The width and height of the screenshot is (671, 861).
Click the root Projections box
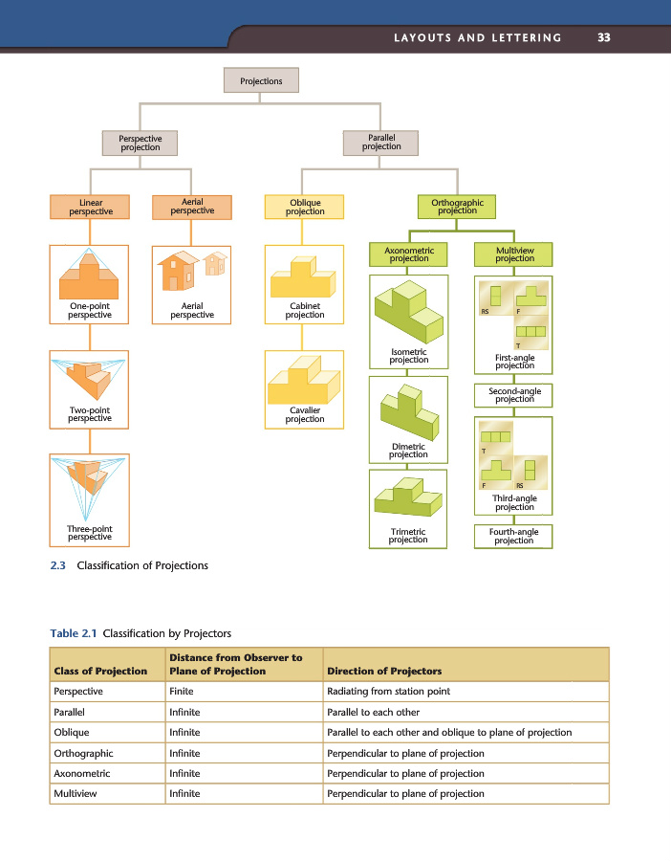pyautogui.click(x=261, y=81)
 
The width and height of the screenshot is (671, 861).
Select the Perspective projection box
pyautogui.click(x=141, y=143)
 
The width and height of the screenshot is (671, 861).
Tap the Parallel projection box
pyautogui.click(x=381, y=143)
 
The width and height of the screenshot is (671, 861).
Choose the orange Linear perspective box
pyautogui.click(x=91, y=207)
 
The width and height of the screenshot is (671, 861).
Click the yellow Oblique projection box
pyautogui.click(x=301, y=207)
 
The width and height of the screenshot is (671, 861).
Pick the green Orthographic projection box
pyautogui.click(x=457, y=207)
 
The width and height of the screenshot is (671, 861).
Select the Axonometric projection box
pyautogui.click(x=408, y=254)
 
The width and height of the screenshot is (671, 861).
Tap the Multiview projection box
pyautogui.click(x=514, y=254)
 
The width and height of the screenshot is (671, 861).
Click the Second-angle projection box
pyautogui.click(x=514, y=395)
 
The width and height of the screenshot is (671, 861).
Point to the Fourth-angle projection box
pyautogui.click(x=514, y=537)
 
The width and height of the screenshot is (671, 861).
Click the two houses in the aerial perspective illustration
pyautogui.click(x=192, y=271)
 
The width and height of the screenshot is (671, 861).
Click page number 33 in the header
pyautogui.click(x=603, y=37)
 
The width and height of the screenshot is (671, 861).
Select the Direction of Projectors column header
pyautogui.click(x=384, y=671)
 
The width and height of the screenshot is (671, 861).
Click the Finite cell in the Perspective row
pyautogui.click(x=184, y=691)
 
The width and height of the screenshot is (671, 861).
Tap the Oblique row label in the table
pyautogui.click(x=71, y=732)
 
